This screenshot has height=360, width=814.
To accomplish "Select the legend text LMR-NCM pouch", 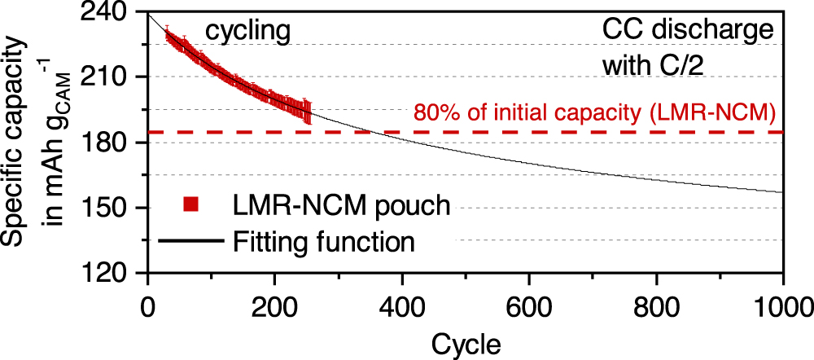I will (342, 204).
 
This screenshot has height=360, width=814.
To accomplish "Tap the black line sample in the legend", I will (191, 241).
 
